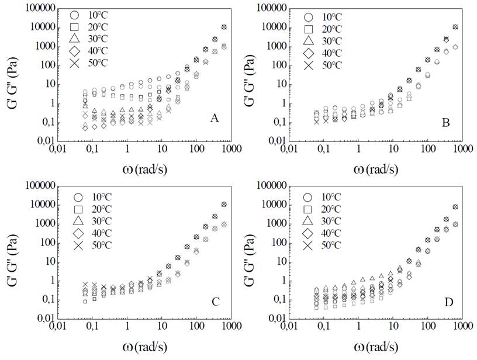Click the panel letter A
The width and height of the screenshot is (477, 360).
pyautogui.click(x=215, y=119)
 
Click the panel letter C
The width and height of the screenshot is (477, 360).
pyautogui.click(x=215, y=302)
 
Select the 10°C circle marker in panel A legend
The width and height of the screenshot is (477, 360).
pyautogui.click(x=74, y=15)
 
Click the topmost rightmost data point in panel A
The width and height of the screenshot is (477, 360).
pyautogui.click(x=224, y=27)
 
